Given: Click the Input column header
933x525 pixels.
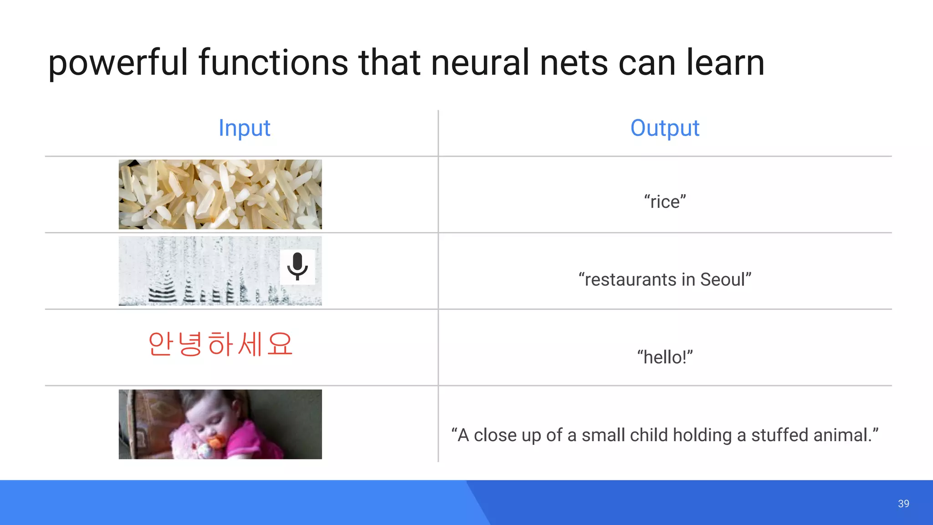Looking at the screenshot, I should point(244,128).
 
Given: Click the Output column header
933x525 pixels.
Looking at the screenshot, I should point(665,128).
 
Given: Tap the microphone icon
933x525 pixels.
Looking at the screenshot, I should point(297,266).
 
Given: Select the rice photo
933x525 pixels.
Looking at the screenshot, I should point(220,194).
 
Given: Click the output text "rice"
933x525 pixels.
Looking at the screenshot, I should point(665,202).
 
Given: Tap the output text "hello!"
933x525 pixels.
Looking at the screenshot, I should point(665,357).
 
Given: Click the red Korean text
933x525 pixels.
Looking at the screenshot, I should point(220,344).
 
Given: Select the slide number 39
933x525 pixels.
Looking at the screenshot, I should point(903,504).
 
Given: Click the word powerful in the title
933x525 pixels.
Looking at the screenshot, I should point(118,63).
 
